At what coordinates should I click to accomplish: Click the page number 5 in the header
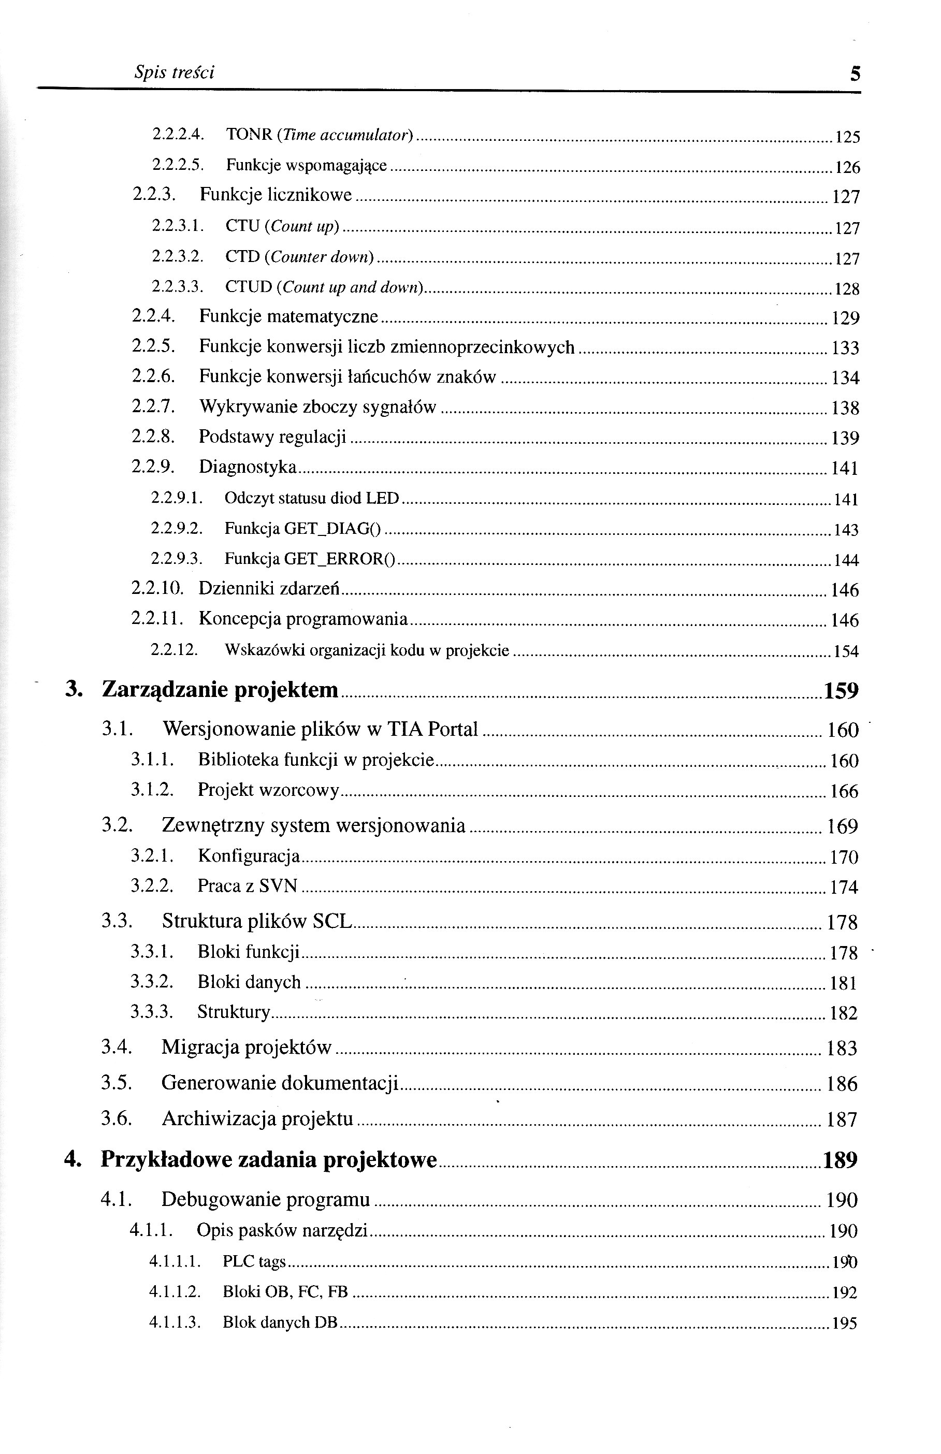pos(855,74)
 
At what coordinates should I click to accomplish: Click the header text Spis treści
pos(174,72)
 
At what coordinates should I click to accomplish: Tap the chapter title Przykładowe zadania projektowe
pos(269,1159)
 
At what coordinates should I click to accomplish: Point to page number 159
pos(841,691)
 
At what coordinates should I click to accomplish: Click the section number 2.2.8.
pos(153,437)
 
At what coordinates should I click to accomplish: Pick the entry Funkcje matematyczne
pos(288,316)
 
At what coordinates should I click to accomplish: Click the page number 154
pos(846,651)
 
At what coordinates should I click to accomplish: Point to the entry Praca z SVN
pos(248,885)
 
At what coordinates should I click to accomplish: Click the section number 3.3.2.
pos(152,982)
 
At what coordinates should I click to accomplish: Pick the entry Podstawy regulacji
pos(272,437)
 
